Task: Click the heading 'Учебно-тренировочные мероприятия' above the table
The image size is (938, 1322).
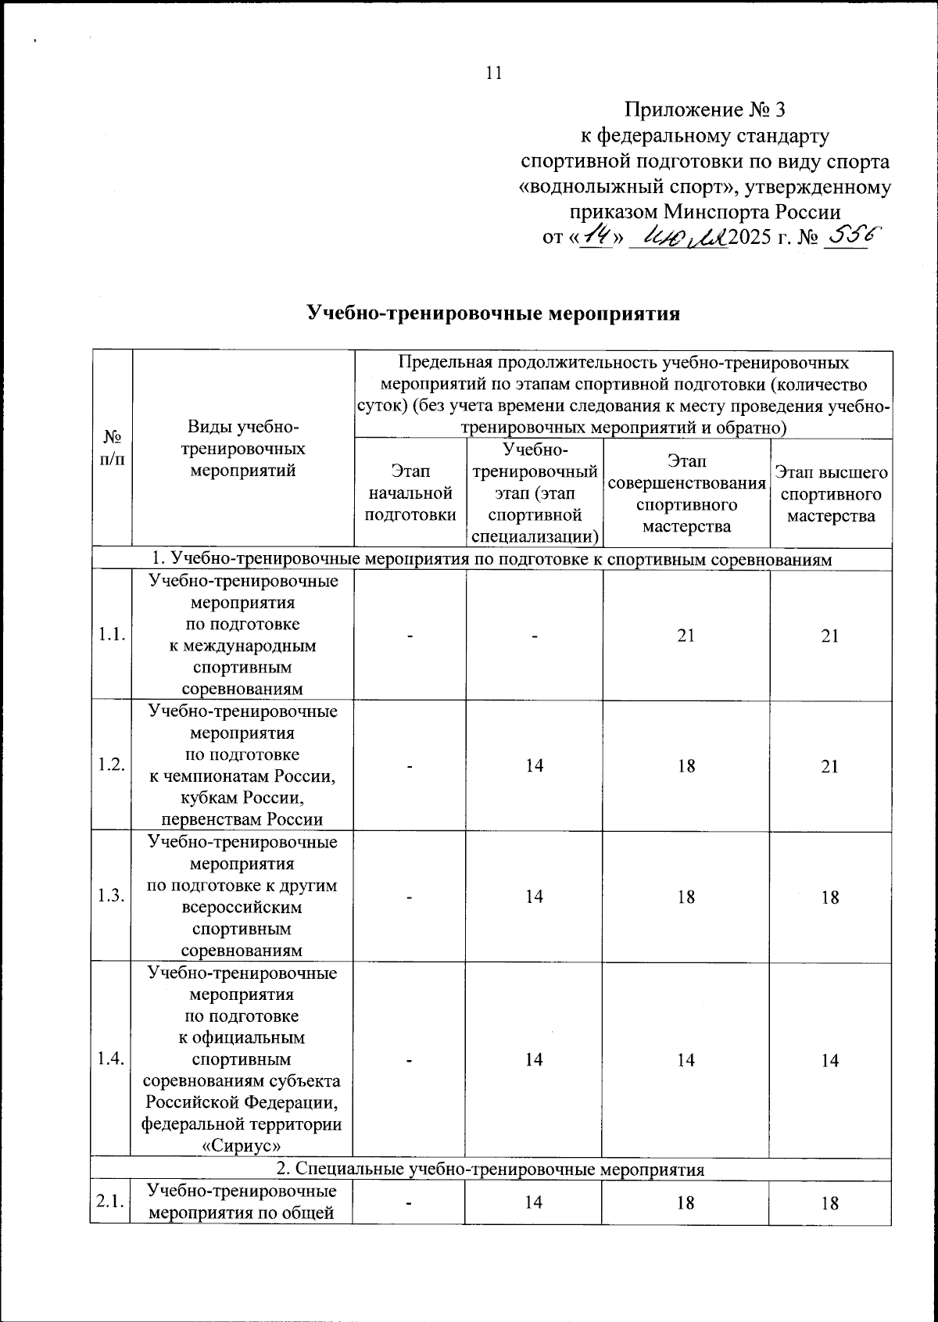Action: pos(492,314)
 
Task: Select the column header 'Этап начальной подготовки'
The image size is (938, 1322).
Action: pos(410,493)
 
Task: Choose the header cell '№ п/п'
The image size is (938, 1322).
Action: pos(112,449)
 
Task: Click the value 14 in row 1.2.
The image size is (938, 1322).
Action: pos(534,766)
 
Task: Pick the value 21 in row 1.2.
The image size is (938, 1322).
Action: pos(830,766)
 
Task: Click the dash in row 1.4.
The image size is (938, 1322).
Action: pos(410,1060)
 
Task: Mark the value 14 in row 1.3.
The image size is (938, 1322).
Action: pos(534,897)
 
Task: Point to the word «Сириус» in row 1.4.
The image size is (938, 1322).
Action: pos(242,1145)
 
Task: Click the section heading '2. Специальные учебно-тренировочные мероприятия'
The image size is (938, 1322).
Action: pos(491,1170)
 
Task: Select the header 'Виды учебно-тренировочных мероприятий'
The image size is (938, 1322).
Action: pos(242,449)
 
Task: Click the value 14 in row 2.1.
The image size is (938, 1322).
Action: pos(534,1203)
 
